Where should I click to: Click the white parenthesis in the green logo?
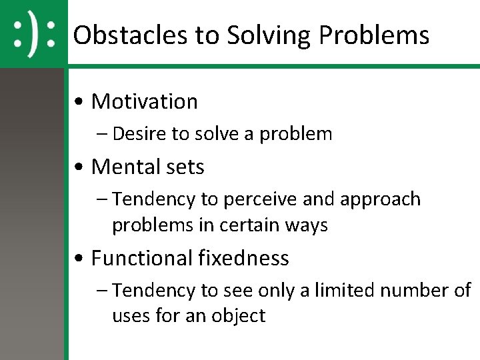tap(33, 33)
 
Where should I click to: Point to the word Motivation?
tap(145, 101)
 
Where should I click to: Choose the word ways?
tap(307, 225)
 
